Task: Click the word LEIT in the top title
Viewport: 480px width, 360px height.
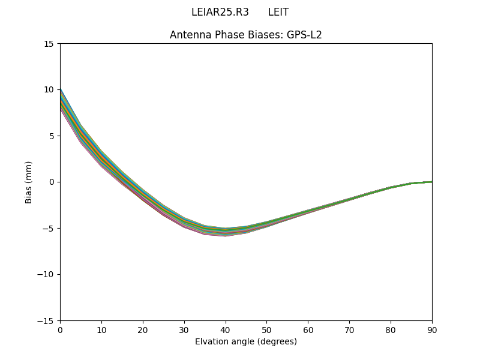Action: point(278,12)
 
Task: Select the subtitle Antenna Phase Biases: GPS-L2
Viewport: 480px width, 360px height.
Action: point(245,35)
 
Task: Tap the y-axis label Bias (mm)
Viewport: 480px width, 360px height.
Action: point(29,182)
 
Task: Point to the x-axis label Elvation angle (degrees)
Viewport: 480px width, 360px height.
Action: point(245,341)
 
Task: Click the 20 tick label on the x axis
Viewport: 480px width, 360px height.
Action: point(143,329)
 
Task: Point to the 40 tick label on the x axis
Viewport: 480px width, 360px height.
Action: point(225,329)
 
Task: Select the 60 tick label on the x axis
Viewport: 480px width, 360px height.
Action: point(308,329)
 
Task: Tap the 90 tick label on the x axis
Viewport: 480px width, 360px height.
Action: point(431,329)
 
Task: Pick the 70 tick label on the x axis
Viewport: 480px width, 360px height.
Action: point(349,329)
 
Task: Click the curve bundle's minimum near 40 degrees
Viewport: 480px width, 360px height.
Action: point(225,232)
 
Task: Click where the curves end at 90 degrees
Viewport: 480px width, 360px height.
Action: point(431,182)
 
